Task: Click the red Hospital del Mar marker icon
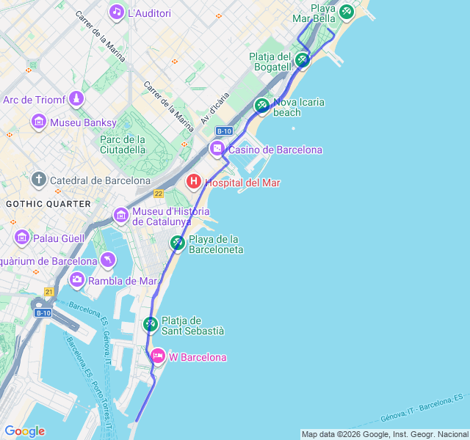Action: pos(194,181)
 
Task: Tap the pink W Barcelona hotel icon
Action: pos(157,356)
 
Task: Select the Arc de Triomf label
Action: pos(35,100)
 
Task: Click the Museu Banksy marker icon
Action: pos(40,122)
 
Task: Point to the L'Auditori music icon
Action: pos(116,12)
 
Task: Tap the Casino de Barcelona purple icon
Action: pos(217,149)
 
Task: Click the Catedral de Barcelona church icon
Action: pos(39,180)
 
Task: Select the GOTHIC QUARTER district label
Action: pos(48,203)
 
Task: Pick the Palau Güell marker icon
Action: pos(21,237)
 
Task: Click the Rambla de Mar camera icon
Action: pos(77,279)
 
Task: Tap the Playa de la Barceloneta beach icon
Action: pos(178,243)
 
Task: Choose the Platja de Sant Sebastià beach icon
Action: pos(151,323)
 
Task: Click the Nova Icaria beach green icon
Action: pos(262,106)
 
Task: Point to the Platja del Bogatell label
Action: pos(270,62)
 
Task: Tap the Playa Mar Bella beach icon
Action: pos(346,12)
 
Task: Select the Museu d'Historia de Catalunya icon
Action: pos(121,215)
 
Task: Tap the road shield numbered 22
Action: pos(159,194)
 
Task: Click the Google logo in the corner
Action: pos(24,431)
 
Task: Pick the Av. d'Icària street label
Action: pos(215,107)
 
